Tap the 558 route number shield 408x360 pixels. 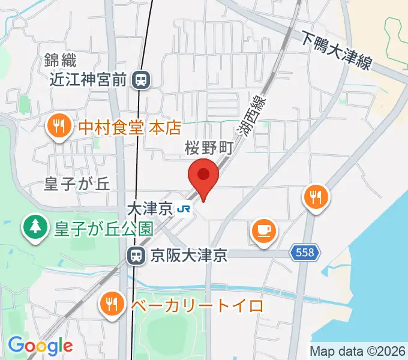[x=305, y=254]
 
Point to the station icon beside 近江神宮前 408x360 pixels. [x=142, y=79]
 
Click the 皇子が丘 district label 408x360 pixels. [x=77, y=184]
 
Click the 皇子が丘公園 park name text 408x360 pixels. [x=104, y=228]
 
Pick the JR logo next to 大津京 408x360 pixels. [x=184, y=209]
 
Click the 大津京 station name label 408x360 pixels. [x=150, y=209]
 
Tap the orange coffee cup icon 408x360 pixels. [x=263, y=229]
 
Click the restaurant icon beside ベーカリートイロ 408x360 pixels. [x=112, y=305]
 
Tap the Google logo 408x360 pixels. [x=40, y=345]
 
